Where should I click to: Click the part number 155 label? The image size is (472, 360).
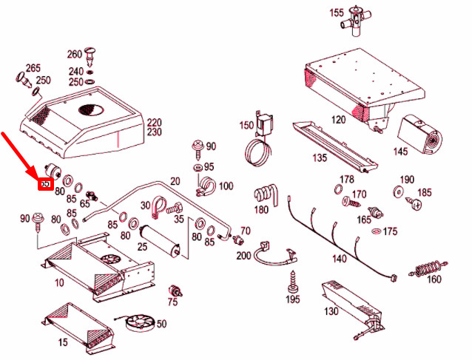point(337,13)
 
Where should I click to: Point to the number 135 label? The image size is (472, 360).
point(320,158)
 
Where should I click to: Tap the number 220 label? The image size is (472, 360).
point(154,122)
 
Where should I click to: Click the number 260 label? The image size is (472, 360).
point(75,55)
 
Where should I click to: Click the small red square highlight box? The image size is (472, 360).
point(45,183)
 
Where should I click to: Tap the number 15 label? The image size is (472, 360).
point(63,342)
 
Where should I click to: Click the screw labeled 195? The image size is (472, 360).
point(294,282)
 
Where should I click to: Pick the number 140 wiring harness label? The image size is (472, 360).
point(340,259)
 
